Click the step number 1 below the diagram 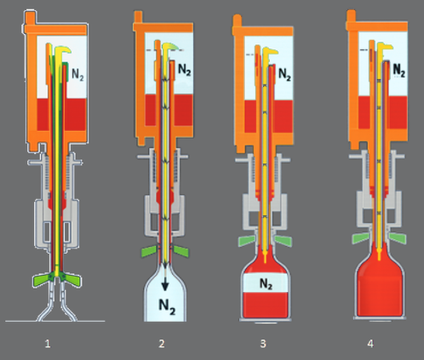(x=48, y=344)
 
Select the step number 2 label (x=162, y=344)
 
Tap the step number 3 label (x=263, y=344)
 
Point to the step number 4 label (x=370, y=344)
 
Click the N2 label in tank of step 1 (x=77, y=75)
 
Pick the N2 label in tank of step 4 (x=399, y=71)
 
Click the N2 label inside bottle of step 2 (x=167, y=307)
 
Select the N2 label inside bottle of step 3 (x=266, y=284)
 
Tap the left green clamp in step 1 (x=43, y=280)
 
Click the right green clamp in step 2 (x=180, y=251)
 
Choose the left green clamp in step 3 (x=248, y=241)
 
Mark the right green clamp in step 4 (x=398, y=238)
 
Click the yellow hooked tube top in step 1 (x=63, y=50)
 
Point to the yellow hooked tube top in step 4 (x=385, y=47)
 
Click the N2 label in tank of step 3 (x=284, y=75)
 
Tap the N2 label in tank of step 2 (x=184, y=70)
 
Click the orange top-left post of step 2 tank (x=138, y=17)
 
